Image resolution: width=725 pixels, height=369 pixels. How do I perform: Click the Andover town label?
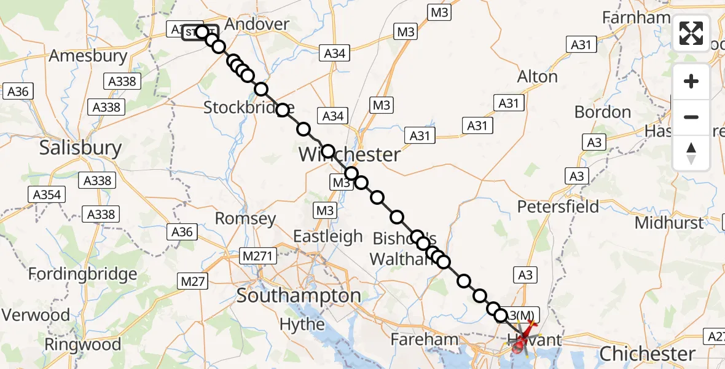(x=257, y=24)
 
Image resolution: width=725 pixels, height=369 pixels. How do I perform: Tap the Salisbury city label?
(x=80, y=148)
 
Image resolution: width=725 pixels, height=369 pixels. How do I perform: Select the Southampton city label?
(x=299, y=296)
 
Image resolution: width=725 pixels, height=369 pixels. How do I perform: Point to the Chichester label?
(x=647, y=354)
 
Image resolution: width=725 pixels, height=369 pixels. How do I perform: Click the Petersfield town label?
(x=558, y=206)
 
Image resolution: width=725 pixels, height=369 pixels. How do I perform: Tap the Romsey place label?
(x=245, y=218)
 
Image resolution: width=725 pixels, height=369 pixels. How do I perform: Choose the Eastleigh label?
(x=327, y=236)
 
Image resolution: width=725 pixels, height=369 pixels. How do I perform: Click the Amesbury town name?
(x=88, y=56)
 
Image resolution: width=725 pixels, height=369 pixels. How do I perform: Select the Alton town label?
(x=538, y=77)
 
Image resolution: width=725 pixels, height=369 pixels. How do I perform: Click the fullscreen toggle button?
(x=691, y=33)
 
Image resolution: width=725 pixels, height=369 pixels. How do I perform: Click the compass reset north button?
(x=691, y=152)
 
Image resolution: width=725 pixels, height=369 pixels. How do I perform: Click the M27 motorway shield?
(x=193, y=281)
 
